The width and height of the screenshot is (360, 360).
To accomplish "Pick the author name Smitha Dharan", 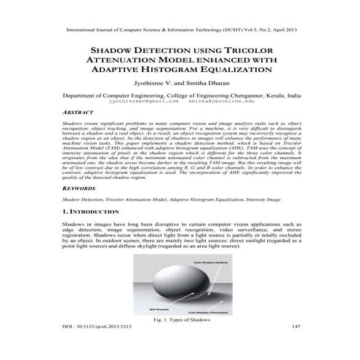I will click(x=205, y=85).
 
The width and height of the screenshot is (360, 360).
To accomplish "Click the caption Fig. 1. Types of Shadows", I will click(x=180, y=319).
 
